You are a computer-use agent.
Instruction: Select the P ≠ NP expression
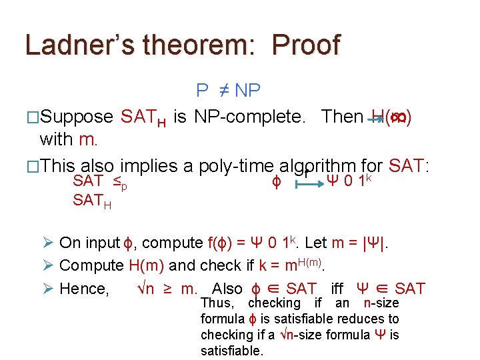(228, 90)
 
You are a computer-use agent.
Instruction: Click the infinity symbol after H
(397, 117)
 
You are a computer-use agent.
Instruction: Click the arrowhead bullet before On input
(48, 243)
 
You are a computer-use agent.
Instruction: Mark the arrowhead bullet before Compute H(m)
(48, 265)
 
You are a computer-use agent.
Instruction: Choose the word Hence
(84, 289)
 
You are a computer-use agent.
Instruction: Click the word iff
(337, 289)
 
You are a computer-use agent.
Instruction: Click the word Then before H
(342, 117)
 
